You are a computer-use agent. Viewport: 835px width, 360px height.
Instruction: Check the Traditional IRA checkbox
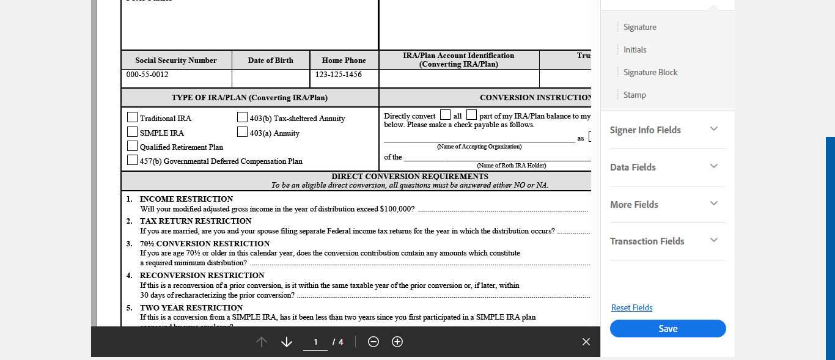click(132, 117)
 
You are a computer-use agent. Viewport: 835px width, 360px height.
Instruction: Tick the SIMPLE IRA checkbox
click(132, 131)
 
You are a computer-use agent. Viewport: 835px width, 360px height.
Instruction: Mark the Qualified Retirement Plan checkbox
click(132, 146)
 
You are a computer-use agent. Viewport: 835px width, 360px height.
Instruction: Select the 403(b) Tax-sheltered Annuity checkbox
click(242, 117)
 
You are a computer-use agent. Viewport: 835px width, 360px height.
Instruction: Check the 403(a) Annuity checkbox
click(242, 131)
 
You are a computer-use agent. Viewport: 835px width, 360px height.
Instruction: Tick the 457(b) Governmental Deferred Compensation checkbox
click(132, 160)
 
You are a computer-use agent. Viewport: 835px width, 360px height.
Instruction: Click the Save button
click(668, 329)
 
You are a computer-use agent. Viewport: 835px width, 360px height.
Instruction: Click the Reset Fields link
click(631, 308)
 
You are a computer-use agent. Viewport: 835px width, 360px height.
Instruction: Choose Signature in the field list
click(639, 28)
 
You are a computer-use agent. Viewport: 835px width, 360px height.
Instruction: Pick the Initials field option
click(635, 50)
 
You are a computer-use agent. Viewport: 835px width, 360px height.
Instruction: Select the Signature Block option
click(650, 73)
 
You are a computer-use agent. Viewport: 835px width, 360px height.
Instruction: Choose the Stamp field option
click(635, 95)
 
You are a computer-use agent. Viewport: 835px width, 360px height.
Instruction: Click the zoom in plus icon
click(397, 342)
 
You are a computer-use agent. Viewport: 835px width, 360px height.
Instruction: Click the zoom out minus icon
click(373, 342)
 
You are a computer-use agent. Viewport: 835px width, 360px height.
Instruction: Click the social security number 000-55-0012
click(147, 75)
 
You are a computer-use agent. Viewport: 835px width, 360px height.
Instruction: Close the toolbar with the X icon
click(586, 342)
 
